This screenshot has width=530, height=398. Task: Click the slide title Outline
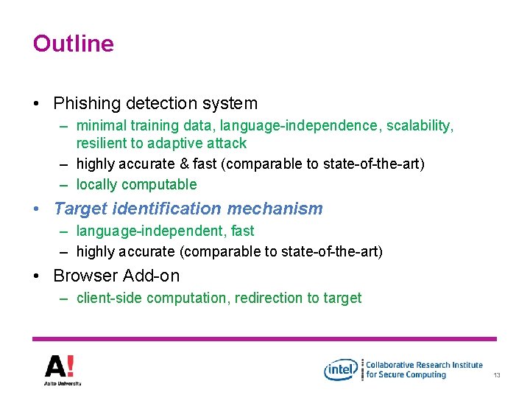click(73, 43)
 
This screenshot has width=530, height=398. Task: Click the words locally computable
click(136, 184)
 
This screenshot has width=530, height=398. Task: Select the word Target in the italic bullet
click(79, 209)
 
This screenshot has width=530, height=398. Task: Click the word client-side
click(109, 298)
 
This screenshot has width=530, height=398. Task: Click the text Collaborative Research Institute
click(425, 364)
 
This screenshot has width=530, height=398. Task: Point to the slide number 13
click(497, 376)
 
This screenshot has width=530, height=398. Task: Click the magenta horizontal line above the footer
click(265, 338)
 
